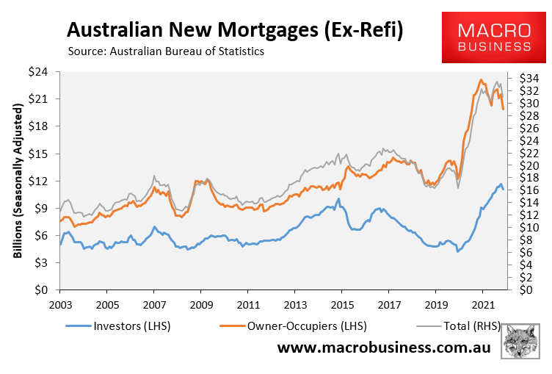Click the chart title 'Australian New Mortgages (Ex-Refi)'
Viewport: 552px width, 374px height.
[235, 30]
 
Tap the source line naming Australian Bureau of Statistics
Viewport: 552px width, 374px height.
[165, 52]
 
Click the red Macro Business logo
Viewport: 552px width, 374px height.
[494, 37]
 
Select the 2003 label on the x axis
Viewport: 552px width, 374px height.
[60, 303]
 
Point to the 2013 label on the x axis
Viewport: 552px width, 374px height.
[295, 303]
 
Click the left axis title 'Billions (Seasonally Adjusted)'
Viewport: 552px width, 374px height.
[18, 180]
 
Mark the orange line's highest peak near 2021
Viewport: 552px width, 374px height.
[481, 79]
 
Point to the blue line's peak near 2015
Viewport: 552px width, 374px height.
[338, 198]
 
